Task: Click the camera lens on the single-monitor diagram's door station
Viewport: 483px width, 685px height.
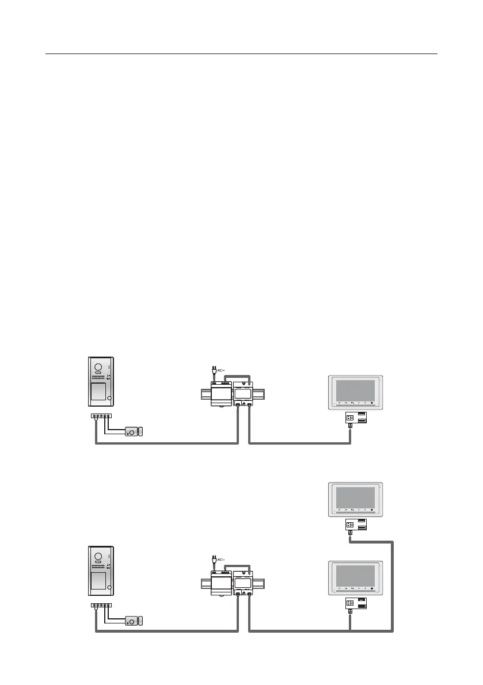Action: pyautogui.click(x=98, y=367)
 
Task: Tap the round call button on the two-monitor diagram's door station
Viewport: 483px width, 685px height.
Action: pyautogui.click(x=109, y=590)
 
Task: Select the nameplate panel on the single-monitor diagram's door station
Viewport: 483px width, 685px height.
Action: pyautogui.click(x=98, y=391)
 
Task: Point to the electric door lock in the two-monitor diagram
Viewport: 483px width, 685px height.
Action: pyautogui.click(x=134, y=621)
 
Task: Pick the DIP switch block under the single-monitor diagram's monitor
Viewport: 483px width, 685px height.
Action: pyautogui.click(x=349, y=418)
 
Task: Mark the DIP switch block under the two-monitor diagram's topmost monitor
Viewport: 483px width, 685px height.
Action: pyautogui.click(x=349, y=524)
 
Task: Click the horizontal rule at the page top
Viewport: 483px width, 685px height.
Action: pyautogui.click(x=241, y=55)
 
